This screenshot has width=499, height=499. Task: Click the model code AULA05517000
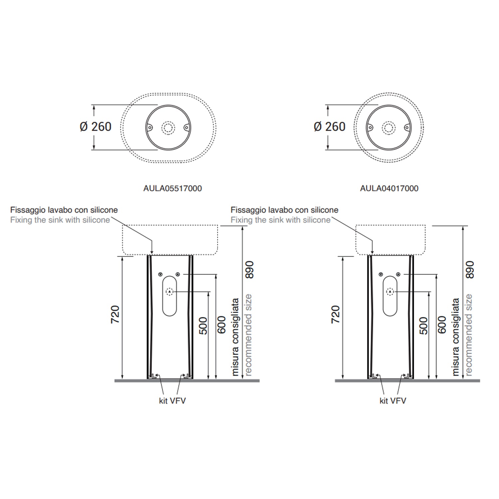coord(172,188)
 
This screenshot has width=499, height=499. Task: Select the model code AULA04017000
coord(389,188)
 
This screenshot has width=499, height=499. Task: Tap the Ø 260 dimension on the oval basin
coord(96,127)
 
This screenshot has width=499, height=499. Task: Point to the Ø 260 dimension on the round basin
coord(330,127)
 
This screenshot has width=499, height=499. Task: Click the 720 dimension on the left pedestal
coord(115,314)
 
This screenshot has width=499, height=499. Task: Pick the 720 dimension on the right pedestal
coord(336,314)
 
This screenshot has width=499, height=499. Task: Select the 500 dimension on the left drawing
coord(203,326)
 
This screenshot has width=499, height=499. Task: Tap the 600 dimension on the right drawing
coord(442,325)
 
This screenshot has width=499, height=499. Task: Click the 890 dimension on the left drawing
coord(249,269)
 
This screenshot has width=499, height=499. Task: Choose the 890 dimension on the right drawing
coord(469,269)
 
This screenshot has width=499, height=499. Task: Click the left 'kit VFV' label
coord(172,401)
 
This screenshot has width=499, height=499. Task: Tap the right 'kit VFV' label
coord(393,401)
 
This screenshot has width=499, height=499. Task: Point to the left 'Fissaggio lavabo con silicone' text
coord(64,210)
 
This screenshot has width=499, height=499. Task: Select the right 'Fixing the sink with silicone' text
coord(280,220)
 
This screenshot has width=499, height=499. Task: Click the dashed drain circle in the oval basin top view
coord(168,128)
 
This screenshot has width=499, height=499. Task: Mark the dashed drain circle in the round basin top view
coord(389,128)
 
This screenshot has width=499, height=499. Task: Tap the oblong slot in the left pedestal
coord(170,295)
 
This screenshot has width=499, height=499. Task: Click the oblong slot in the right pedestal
coord(390,295)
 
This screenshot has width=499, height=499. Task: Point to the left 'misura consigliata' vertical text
coord(235,337)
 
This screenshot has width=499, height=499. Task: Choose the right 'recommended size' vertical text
coord(468,335)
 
